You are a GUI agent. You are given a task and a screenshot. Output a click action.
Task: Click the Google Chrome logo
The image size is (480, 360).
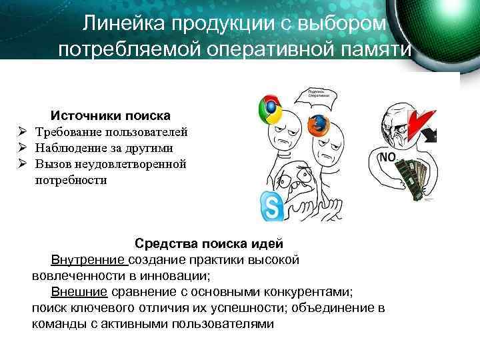coord(270,108)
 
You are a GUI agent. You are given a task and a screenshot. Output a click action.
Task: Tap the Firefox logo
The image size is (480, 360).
coord(319,125)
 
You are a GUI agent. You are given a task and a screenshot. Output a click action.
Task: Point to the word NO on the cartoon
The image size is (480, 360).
coord(387,157)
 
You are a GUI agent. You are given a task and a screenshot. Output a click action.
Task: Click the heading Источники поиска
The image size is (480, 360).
coord(111,115)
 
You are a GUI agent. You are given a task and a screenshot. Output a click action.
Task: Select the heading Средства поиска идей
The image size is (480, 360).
coord(209,243)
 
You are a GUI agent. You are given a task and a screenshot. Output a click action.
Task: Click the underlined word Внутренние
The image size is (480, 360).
coord(89,259)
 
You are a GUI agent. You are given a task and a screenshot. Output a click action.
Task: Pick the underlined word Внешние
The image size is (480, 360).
coord(79,291)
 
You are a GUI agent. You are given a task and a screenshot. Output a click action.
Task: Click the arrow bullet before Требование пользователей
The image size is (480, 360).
coord(22,132)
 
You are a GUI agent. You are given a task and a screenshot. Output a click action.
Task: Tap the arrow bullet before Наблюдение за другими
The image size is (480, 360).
coord(22,148)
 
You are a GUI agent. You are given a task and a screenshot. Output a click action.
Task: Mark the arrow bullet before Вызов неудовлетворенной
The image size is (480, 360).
coord(22,164)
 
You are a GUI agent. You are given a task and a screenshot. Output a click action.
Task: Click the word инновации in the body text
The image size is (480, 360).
coord(176,275)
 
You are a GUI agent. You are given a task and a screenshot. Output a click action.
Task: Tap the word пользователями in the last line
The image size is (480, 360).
coord(223,323)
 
